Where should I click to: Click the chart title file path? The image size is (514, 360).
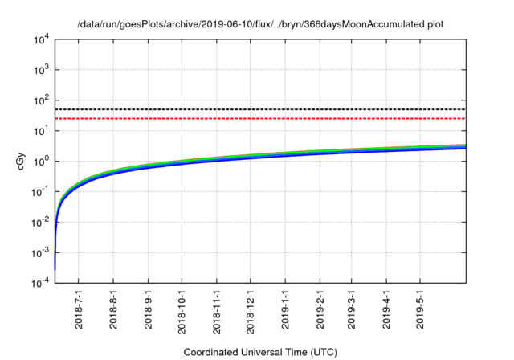click(x=260, y=25)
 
